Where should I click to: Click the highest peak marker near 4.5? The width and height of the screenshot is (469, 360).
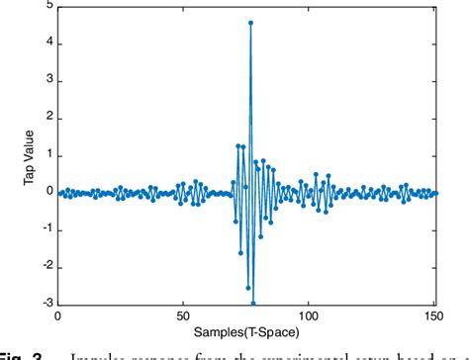tap(251, 23)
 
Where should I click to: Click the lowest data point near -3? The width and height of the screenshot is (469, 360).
tap(253, 303)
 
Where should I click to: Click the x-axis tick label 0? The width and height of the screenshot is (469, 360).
tap(57, 315)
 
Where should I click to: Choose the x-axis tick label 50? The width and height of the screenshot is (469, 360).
tap(183, 315)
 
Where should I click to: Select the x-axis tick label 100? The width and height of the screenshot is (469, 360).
tap(309, 315)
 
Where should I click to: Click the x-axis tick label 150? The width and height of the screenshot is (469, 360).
tap(433, 315)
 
